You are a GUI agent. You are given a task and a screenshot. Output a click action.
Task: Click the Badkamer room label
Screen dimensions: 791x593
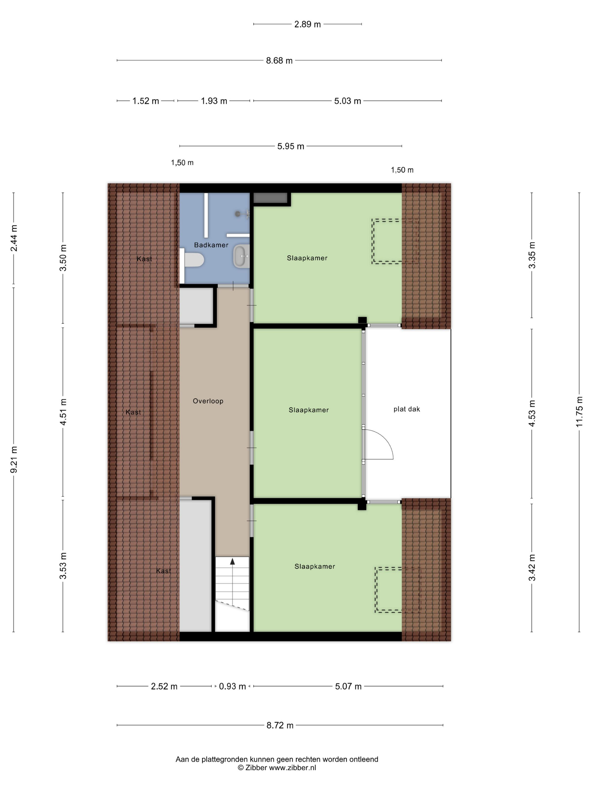[x=211, y=245]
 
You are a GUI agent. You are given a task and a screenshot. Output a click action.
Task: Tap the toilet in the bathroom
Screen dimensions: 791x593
[x=194, y=260]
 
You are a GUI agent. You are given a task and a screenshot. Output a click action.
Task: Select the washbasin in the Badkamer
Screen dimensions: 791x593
[x=241, y=256]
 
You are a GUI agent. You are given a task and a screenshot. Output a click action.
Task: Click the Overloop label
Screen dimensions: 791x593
[x=208, y=401]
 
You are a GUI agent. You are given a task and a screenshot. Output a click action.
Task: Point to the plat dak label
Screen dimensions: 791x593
[x=406, y=409]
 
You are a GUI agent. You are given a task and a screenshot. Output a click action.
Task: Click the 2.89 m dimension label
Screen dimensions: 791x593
[x=308, y=24]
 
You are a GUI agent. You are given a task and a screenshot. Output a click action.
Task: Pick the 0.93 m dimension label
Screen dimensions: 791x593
[x=232, y=686]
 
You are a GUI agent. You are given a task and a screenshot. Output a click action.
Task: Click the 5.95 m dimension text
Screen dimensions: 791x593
[x=291, y=146]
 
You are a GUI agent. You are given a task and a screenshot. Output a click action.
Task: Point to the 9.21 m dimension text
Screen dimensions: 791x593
[x=14, y=460]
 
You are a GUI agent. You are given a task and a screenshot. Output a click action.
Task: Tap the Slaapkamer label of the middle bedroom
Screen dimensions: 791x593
[x=308, y=410]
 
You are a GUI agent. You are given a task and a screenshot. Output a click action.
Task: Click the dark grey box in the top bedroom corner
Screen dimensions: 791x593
[x=271, y=198]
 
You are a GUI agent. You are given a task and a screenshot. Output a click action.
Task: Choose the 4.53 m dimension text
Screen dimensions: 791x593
[x=532, y=413]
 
